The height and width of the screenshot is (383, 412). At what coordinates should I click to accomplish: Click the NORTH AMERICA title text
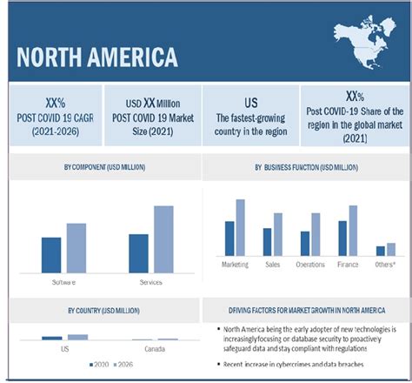click(x=97, y=57)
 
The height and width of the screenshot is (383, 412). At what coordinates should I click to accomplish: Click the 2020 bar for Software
click(x=51, y=254)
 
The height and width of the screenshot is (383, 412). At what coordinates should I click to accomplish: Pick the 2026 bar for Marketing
click(x=241, y=227)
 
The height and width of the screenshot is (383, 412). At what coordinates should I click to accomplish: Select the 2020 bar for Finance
click(x=342, y=238)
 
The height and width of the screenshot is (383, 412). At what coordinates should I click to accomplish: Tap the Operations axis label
click(x=310, y=264)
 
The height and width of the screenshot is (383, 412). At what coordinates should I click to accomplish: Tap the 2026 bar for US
click(x=77, y=337)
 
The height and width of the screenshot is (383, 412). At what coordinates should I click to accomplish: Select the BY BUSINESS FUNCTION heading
click(x=305, y=165)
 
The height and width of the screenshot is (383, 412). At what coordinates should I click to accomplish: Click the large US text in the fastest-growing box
click(x=250, y=102)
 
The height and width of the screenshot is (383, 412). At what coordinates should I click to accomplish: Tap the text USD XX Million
click(x=151, y=103)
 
